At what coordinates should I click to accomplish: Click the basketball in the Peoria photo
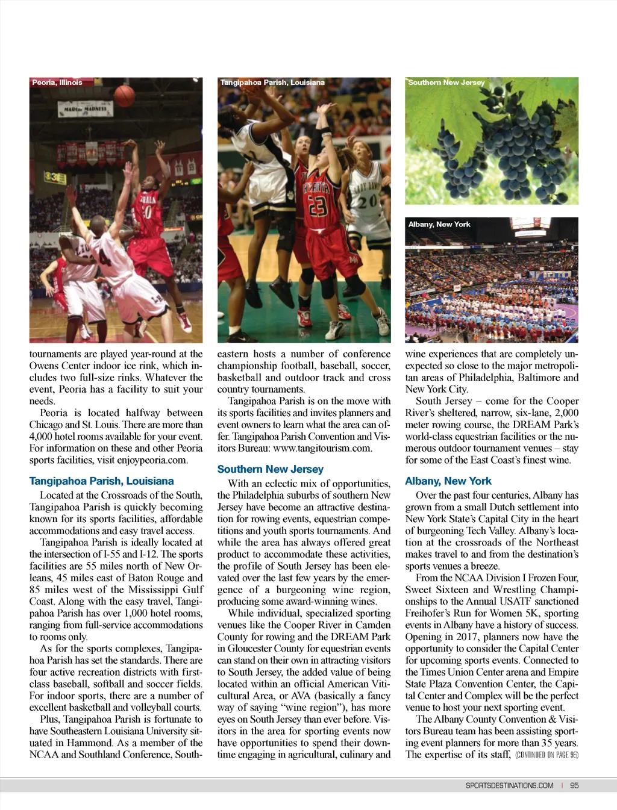point(125,95)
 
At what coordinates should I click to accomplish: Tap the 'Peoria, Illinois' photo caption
point(57,83)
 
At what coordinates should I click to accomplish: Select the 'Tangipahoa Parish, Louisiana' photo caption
point(272,83)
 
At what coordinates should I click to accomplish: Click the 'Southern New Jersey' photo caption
point(446,83)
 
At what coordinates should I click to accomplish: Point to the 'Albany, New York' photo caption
point(439,224)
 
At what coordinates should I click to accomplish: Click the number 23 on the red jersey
point(317,207)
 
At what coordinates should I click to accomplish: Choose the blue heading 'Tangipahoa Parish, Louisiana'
point(101,481)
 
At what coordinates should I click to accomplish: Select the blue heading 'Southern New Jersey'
point(271,469)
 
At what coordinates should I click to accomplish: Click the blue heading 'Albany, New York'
point(448,481)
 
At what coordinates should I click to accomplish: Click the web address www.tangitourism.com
point(322,449)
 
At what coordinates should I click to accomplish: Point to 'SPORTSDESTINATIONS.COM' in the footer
point(510,785)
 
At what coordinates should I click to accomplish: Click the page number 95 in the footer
point(574,785)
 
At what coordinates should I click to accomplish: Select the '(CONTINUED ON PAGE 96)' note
point(547,755)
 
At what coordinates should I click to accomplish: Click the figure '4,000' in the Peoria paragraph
point(41,437)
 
